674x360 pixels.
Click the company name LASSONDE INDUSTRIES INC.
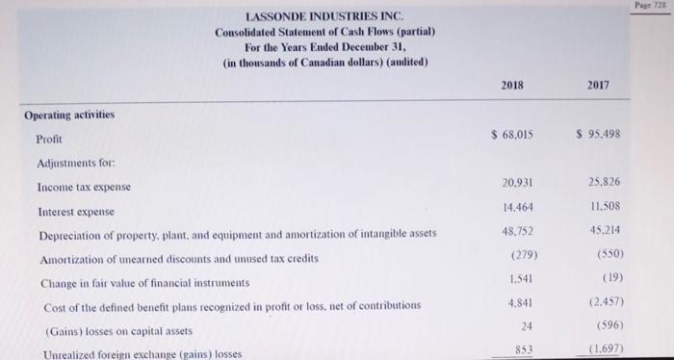click(x=325, y=16)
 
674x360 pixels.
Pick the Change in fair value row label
click(x=143, y=283)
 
